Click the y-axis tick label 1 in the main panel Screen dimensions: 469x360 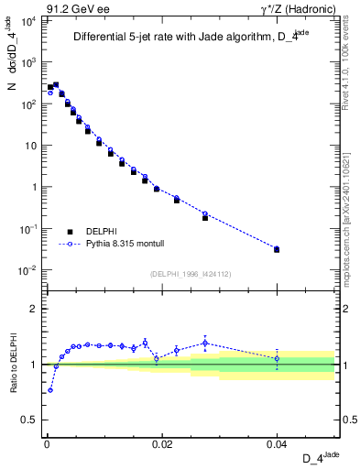tap(35, 187)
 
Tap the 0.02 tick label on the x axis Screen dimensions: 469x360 tap(161, 442)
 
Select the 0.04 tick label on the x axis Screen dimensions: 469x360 tap(277, 442)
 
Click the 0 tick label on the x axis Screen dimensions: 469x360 tap(46, 442)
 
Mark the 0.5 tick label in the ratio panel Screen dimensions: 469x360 tap(29, 420)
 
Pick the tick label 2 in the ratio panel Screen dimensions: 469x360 tap(35, 309)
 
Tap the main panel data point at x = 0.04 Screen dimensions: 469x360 tap(277, 249)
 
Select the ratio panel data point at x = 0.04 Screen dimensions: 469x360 tap(277, 358)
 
